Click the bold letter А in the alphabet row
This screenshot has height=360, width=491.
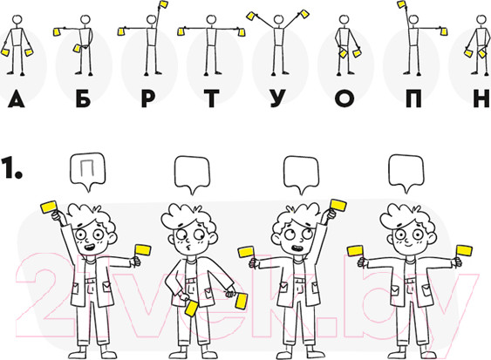[16, 98]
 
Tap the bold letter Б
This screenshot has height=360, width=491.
[84, 98]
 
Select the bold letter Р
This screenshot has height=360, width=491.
[148, 98]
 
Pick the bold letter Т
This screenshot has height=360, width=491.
[212, 98]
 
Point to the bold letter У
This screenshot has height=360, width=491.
[277, 98]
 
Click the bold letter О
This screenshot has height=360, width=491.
[344, 98]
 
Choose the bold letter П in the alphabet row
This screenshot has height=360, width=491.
[413, 98]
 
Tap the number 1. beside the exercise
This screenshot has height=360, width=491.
[11, 169]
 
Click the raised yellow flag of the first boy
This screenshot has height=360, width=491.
[49, 207]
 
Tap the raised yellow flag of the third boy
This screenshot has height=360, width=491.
[338, 206]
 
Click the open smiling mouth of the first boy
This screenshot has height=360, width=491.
[90, 248]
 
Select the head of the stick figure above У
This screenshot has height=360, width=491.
[278, 20]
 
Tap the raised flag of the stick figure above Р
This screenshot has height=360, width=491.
[163, 4]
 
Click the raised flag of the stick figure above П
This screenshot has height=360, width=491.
[402, 4]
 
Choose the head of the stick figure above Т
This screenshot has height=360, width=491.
[212, 20]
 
